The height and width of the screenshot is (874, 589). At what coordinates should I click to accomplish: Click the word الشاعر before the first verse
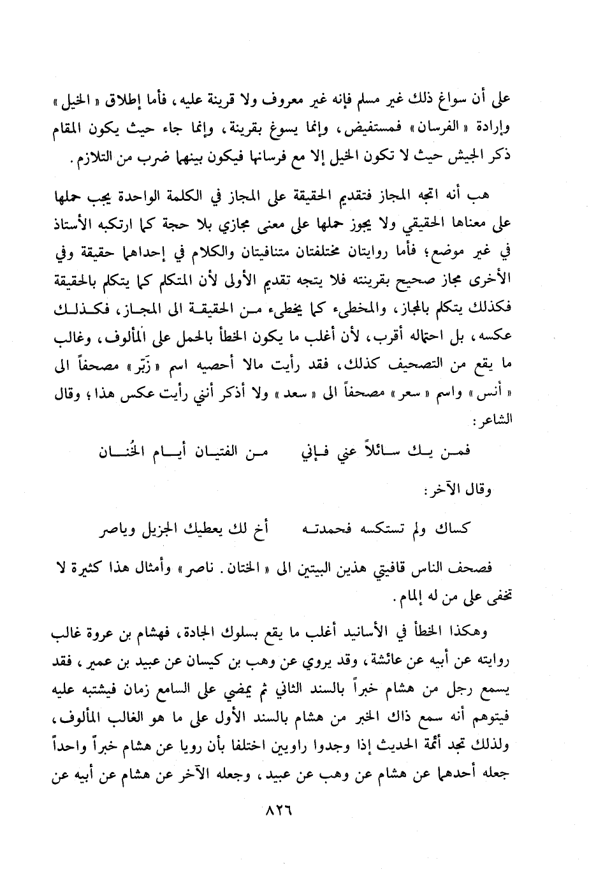tap(504, 421)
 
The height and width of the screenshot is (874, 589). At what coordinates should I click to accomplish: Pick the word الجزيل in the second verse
tap(153, 528)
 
